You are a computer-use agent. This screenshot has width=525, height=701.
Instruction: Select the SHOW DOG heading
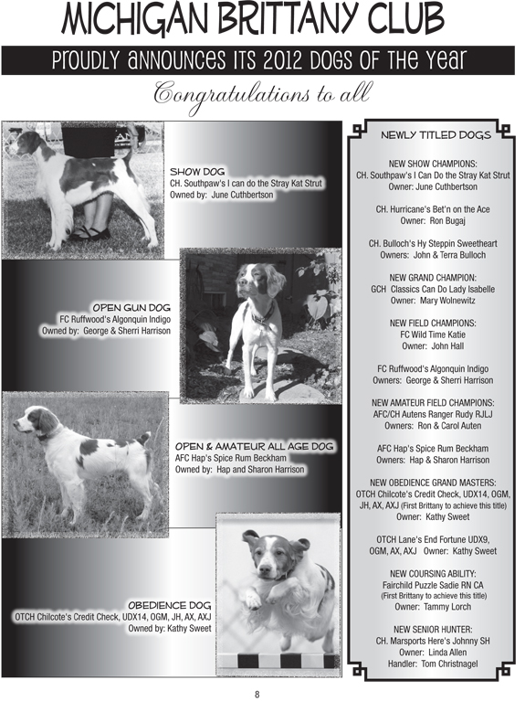[x=197, y=171]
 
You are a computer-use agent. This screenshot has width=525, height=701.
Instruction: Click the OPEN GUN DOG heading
[x=131, y=306]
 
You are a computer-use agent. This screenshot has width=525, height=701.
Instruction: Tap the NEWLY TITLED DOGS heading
[x=435, y=135]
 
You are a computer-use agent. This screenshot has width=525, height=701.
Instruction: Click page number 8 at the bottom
[x=257, y=691]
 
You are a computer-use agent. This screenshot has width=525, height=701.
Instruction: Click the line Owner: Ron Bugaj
[x=433, y=220]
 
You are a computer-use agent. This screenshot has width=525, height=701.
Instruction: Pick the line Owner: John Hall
[x=433, y=345]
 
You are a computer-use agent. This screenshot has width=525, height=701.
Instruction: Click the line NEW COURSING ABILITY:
[x=433, y=573]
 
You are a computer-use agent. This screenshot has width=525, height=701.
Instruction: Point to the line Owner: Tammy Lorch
[x=433, y=606]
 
